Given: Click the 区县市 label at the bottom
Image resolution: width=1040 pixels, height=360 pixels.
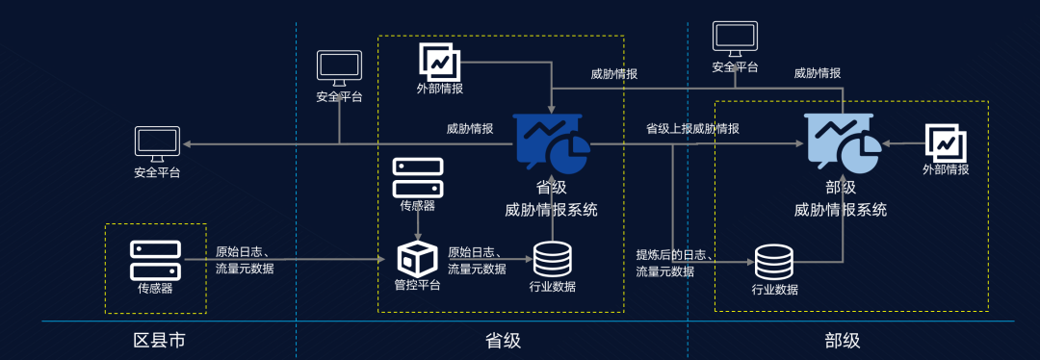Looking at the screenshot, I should point(159,341).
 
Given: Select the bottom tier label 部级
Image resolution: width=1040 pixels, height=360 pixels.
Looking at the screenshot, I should point(842,341).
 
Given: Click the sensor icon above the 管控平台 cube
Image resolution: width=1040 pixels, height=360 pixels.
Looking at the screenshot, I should point(417,177).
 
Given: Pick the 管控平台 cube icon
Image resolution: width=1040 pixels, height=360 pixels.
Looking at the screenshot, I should point(417,259).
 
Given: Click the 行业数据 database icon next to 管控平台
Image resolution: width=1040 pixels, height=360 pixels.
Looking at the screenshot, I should point(552,259).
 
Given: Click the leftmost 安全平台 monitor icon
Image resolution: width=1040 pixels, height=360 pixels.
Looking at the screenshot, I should point(157,143).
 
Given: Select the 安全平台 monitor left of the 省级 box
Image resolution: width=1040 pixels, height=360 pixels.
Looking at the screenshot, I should point(339,67).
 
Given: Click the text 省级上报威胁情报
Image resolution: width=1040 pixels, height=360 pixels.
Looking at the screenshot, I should point(692,128).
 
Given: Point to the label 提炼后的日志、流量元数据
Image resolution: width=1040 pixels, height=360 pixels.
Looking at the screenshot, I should point(674,263).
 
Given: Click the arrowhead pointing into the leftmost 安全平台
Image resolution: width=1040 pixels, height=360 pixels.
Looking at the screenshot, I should point(186,144).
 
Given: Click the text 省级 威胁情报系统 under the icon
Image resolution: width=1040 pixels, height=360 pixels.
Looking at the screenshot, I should point(552,199).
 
